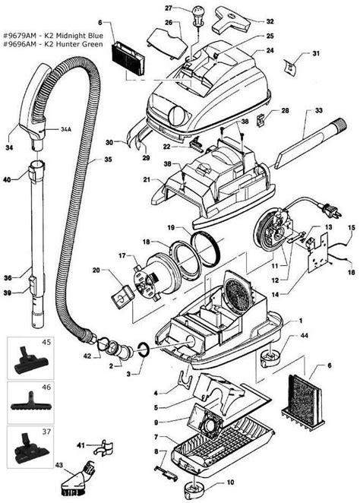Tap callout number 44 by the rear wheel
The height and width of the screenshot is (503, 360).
click(304, 336)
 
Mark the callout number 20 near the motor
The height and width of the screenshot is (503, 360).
click(96, 269)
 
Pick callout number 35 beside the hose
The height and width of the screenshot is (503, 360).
click(108, 160)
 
